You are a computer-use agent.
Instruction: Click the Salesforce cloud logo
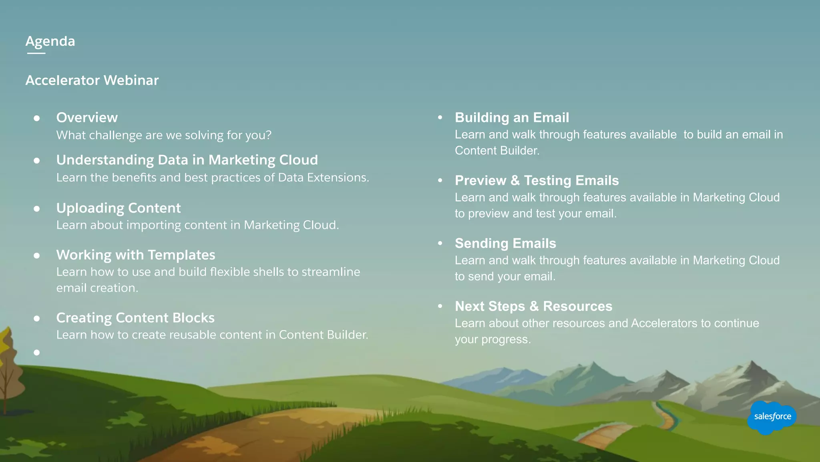pyautogui.click(x=772, y=417)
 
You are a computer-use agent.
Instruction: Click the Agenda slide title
pyautogui.click(x=50, y=41)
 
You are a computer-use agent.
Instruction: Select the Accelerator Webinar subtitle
pyautogui.click(x=92, y=80)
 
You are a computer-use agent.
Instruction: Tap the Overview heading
pyautogui.click(x=87, y=117)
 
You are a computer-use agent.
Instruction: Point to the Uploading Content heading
pyautogui.click(x=119, y=208)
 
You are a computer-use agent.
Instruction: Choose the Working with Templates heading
pyautogui.click(x=136, y=255)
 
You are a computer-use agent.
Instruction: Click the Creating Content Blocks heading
pyautogui.click(x=135, y=318)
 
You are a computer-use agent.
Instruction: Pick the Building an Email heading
pyautogui.click(x=512, y=117)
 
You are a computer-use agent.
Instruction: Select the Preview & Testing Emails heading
pyautogui.click(x=537, y=180)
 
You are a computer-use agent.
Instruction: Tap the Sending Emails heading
pyautogui.click(x=505, y=243)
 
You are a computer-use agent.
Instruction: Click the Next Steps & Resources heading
pyautogui.click(x=533, y=306)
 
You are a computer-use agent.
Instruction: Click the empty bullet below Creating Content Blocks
pyautogui.click(x=37, y=353)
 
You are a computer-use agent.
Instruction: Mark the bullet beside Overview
pyautogui.click(x=37, y=118)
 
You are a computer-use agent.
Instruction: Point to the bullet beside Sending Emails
pyautogui.click(x=440, y=243)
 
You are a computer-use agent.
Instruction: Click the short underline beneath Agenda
pyautogui.click(x=36, y=53)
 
